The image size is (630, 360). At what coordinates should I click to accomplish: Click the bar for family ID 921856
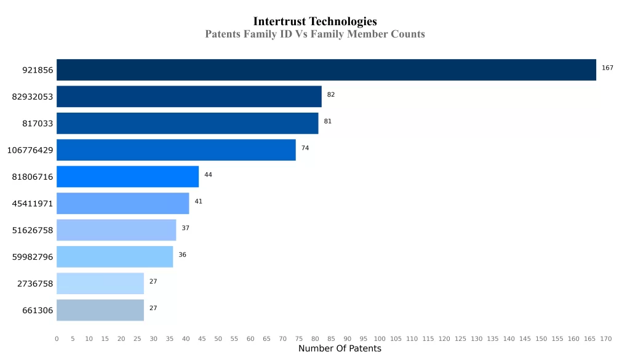point(326,70)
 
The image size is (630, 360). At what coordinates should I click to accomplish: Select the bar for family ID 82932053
point(189,97)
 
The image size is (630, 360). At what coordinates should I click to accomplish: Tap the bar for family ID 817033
point(187,123)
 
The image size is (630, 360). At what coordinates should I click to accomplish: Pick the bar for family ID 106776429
point(176,150)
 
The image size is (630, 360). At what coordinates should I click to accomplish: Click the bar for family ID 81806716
point(127,177)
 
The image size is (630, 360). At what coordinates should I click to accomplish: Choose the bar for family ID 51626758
point(116,230)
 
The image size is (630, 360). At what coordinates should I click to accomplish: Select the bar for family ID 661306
point(100,310)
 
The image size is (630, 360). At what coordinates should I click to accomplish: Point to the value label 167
point(607,68)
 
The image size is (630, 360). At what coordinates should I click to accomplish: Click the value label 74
point(305,148)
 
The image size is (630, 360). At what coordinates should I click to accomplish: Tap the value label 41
point(199,201)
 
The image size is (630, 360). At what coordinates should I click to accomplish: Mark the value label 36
point(183,255)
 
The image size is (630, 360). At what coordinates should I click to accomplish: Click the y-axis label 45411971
point(33,204)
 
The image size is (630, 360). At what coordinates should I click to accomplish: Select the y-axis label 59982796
point(33,257)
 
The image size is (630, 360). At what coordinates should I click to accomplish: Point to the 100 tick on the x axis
point(380,338)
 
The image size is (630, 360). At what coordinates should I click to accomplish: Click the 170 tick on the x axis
point(606,338)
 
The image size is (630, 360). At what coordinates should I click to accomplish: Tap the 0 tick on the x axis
point(57,338)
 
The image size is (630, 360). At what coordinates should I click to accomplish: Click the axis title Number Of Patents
point(340,349)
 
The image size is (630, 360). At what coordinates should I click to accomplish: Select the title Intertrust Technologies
point(315,22)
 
